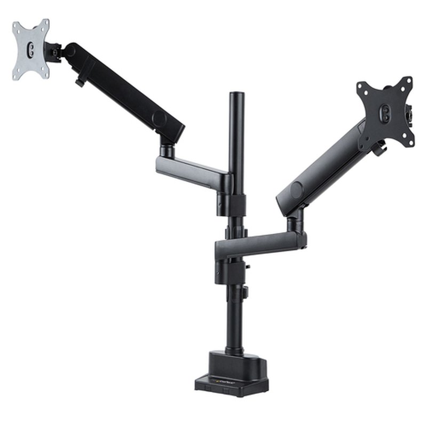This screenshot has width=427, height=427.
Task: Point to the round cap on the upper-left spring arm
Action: click(159, 117)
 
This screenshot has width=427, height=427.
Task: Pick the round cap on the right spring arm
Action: click(297, 189)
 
